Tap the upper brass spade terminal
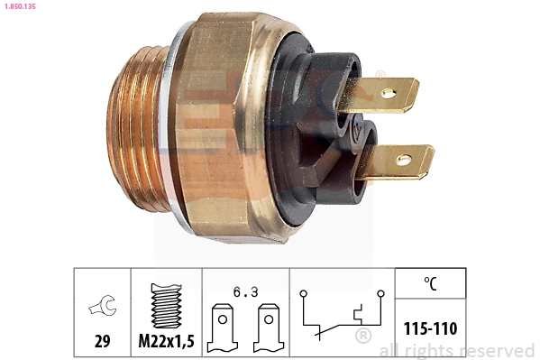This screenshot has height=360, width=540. [x=388, y=95]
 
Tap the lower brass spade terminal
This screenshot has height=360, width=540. [x=401, y=162]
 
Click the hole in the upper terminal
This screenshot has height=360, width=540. [x=389, y=92]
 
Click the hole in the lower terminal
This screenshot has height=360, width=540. [x=403, y=161]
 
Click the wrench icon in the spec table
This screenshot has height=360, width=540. [x=101, y=308]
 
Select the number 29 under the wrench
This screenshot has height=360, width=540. [x=101, y=342]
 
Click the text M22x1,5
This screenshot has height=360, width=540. [x=166, y=342]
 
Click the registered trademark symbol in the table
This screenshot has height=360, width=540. [x=362, y=337]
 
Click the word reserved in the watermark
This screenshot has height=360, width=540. [x=496, y=350]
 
